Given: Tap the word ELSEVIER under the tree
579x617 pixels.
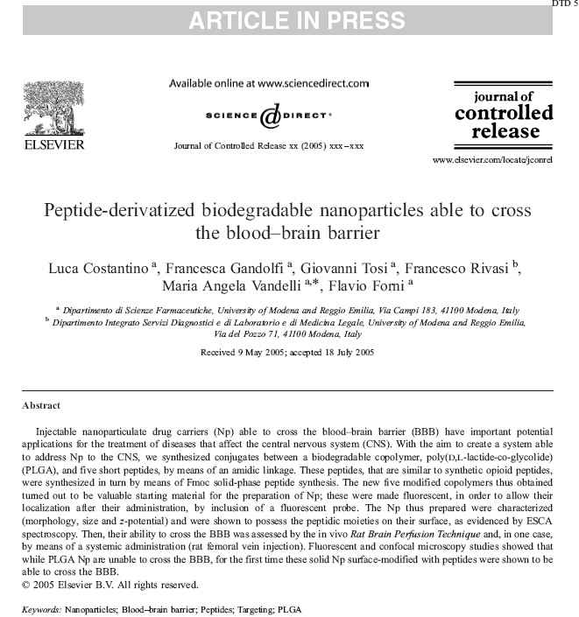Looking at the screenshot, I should pyautogui.click(x=54, y=144).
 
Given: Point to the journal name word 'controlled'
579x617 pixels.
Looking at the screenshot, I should pyautogui.click(x=504, y=114).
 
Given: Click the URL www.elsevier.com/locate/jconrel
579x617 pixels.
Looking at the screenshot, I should pyautogui.click(x=492, y=162).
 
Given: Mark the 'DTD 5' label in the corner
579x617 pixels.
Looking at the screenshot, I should pyautogui.click(x=564, y=4).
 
